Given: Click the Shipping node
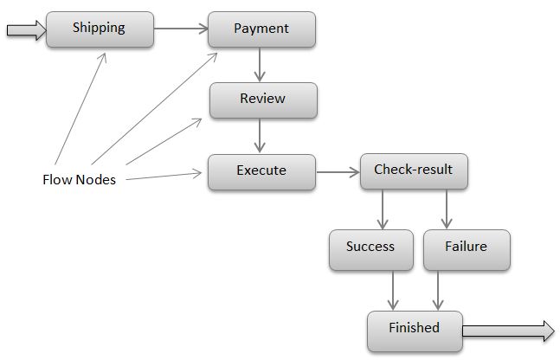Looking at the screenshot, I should [x=100, y=29].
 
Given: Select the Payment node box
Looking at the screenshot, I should [x=261, y=29].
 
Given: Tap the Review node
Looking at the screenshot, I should [x=263, y=100].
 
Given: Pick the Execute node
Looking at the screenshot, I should [x=261, y=171].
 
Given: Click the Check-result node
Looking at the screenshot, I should [x=413, y=170].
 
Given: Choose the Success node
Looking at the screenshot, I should [x=370, y=247].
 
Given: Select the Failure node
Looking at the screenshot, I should [x=466, y=247].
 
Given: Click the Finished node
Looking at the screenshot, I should [x=414, y=329].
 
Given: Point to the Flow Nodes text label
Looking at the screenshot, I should [x=79, y=180].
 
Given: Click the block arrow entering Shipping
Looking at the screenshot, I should [x=25, y=30].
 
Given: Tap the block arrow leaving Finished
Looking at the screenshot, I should [x=507, y=330].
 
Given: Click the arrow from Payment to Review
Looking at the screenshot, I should [x=260, y=64].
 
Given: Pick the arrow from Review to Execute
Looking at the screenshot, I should [x=260, y=135].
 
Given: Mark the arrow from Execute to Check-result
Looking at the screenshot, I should [x=337, y=171].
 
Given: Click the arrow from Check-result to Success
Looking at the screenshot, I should [x=382, y=209].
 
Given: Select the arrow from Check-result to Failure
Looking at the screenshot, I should [x=447, y=209].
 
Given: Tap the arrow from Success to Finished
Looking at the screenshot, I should [x=394, y=289].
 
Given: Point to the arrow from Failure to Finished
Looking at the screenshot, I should [x=439, y=289].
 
